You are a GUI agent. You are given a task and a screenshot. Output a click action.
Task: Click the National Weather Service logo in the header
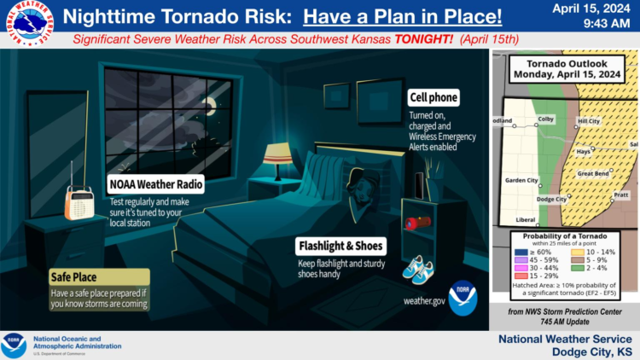pyautogui.click(x=30, y=23)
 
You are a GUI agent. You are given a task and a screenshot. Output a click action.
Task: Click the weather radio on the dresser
pyautogui.click(x=79, y=201)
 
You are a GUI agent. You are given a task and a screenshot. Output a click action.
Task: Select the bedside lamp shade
pyautogui.click(x=278, y=154)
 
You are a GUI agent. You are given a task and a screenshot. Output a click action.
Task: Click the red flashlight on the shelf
pyautogui.click(x=417, y=223)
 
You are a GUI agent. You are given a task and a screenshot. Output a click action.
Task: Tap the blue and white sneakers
pyautogui.click(x=417, y=270)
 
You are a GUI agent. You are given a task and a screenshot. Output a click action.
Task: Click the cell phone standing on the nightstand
pyautogui.click(x=419, y=186)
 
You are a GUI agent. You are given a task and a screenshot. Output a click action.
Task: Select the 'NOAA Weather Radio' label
pyautogui.click(x=156, y=184)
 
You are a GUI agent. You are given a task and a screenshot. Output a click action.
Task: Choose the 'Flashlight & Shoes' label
pyautogui.click(x=340, y=246)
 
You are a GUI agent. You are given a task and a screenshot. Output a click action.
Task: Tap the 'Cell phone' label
pyautogui.click(x=433, y=97)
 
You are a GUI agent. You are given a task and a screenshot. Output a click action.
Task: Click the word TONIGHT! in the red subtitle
pyautogui.click(x=423, y=39)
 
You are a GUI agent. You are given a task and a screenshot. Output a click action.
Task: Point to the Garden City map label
pyautogui.click(x=521, y=180)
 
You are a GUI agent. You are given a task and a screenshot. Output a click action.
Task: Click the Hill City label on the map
pyautogui.click(x=589, y=121)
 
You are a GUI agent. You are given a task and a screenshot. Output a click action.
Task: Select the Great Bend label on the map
pyautogui.click(x=593, y=173)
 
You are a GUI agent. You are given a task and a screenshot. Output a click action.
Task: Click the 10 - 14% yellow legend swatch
pyautogui.click(x=577, y=253)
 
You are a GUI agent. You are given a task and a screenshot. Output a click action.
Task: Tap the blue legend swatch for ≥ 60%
pyautogui.click(x=521, y=253)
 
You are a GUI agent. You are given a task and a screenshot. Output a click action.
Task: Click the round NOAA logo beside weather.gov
pyautogui.click(x=463, y=298)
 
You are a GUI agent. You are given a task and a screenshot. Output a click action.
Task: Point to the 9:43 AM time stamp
pyautogui.click(x=607, y=23)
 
